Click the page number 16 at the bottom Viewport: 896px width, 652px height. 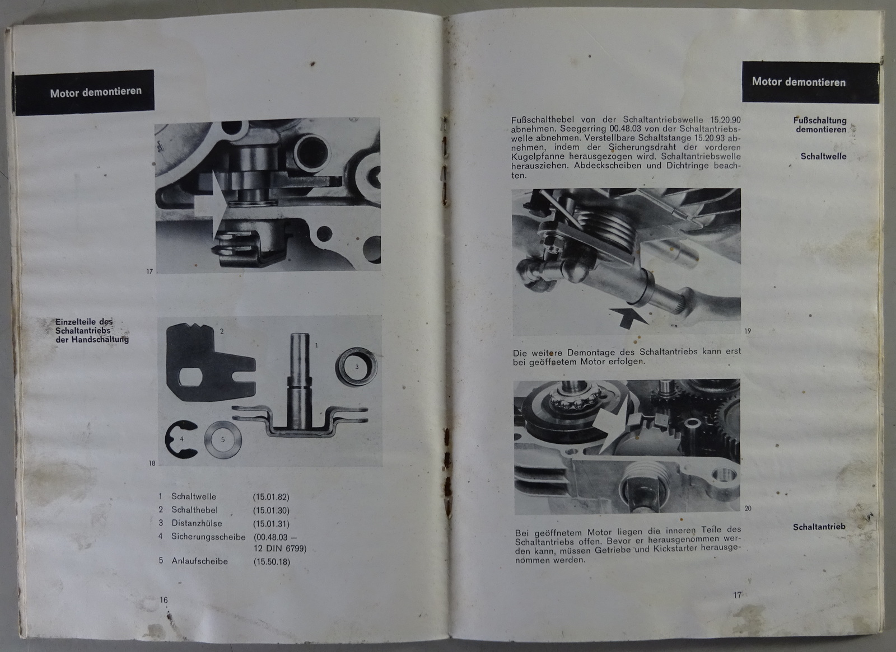(x=164, y=599)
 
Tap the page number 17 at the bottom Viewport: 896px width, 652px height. (x=737, y=595)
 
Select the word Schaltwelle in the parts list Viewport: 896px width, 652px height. (x=194, y=496)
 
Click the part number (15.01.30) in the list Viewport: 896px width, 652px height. (x=271, y=510)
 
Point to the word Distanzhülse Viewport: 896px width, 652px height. (x=197, y=523)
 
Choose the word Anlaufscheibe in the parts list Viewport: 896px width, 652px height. (x=199, y=561)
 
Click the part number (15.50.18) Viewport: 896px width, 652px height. (x=272, y=562)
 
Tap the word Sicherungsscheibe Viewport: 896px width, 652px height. (x=208, y=537)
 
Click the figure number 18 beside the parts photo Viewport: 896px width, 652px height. (x=152, y=463)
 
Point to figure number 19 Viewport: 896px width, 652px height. (x=748, y=331)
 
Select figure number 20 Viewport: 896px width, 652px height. (x=748, y=509)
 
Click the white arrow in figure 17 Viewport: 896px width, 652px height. (x=211, y=204)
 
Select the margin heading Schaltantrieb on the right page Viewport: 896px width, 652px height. (x=819, y=527)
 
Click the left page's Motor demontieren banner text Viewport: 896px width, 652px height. (x=96, y=92)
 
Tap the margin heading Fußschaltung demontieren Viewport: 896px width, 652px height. (x=820, y=125)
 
